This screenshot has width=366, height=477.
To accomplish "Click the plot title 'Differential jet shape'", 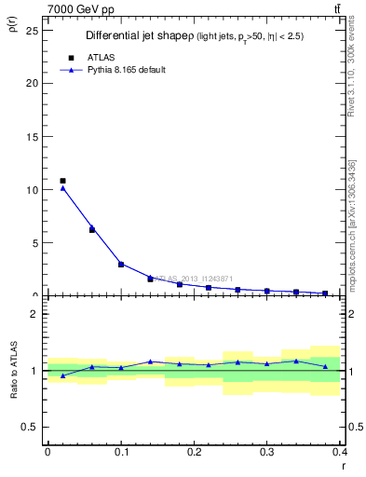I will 139,35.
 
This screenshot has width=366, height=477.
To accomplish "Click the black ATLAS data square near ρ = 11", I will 62,181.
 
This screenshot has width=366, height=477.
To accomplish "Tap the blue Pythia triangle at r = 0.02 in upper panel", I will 62,188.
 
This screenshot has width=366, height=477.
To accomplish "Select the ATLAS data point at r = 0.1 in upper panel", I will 121,264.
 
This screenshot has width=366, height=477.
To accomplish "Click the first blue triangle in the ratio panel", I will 62,375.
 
